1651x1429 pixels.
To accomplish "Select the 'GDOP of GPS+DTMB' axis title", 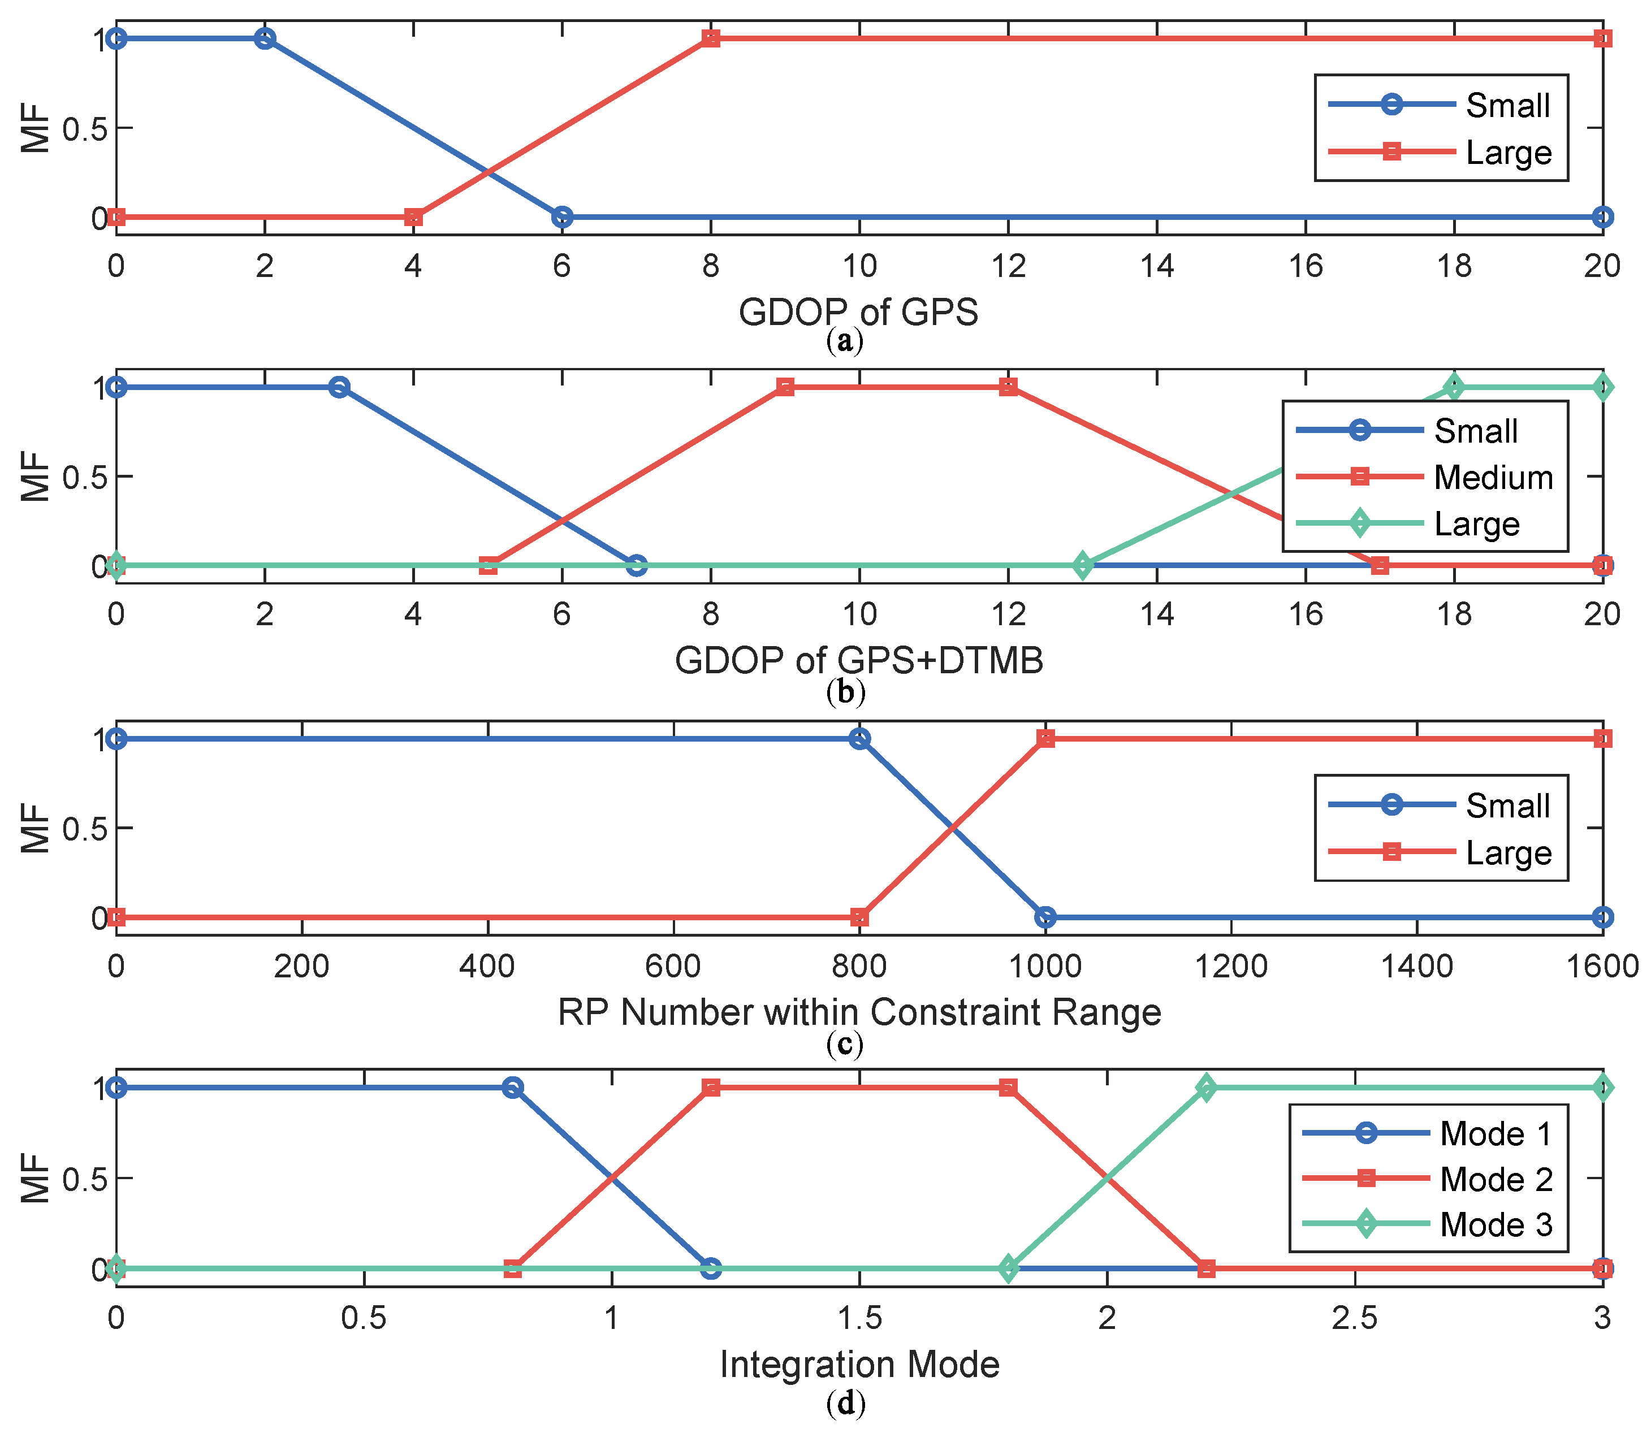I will [858, 660].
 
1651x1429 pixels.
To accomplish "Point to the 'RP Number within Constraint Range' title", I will [858, 1012].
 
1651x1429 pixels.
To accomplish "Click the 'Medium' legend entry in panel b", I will [1493, 478].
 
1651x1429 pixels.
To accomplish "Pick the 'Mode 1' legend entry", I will [1496, 1134].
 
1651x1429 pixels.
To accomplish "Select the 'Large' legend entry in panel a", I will [1508, 152].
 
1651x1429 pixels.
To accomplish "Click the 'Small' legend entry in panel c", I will [1507, 806].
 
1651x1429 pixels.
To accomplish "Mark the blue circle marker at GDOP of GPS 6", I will [562, 217].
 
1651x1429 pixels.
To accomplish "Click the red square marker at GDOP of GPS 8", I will [711, 38].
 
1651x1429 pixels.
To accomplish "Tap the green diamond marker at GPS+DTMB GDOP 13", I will [1082, 565].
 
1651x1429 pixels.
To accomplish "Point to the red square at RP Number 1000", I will [1045, 738].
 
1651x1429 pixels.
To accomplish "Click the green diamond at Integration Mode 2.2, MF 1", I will [1206, 1088].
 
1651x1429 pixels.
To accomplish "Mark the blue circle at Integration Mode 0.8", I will [513, 1088].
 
